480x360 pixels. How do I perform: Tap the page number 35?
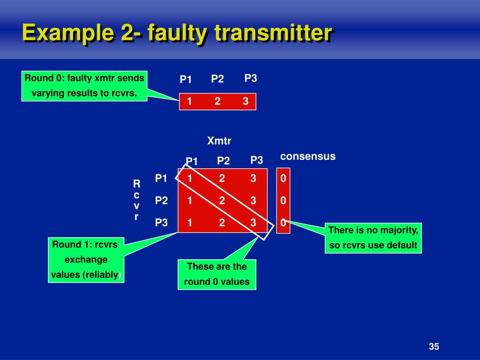pyautogui.click(x=434, y=347)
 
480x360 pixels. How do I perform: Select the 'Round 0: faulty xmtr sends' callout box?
pyautogui.click(x=84, y=85)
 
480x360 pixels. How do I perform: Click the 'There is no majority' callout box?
pyautogui.click(x=373, y=238)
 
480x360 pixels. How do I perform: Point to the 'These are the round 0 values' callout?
pyautogui.click(x=217, y=274)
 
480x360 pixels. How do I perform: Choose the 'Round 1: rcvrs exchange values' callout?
pyautogui.click(x=86, y=260)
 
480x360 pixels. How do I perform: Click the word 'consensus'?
pyautogui.click(x=308, y=157)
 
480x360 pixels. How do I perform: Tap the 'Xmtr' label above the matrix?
pyautogui.click(x=219, y=141)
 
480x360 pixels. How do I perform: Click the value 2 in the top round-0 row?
pyautogui.click(x=217, y=101)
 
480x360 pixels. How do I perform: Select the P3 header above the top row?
pyautogui.click(x=251, y=78)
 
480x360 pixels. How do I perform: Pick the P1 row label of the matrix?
pyautogui.click(x=161, y=178)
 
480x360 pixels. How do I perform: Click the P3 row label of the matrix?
pyautogui.click(x=161, y=223)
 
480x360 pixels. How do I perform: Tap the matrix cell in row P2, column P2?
pyautogui.click(x=222, y=201)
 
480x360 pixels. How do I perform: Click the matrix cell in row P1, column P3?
pyautogui.click(x=253, y=178)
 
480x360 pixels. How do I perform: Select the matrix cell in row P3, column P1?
pyautogui.click(x=190, y=223)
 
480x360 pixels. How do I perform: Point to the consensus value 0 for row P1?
pyautogui.click(x=283, y=179)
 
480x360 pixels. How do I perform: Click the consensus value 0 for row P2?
pyautogui.click(x=283, y=201)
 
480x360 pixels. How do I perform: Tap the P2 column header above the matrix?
pyautogui.click(x=224, y=161)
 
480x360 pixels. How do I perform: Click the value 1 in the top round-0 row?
pyautogui.click(x=189, y=101)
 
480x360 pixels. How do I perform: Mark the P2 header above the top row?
pyautogui.click(x=217, y=79)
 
